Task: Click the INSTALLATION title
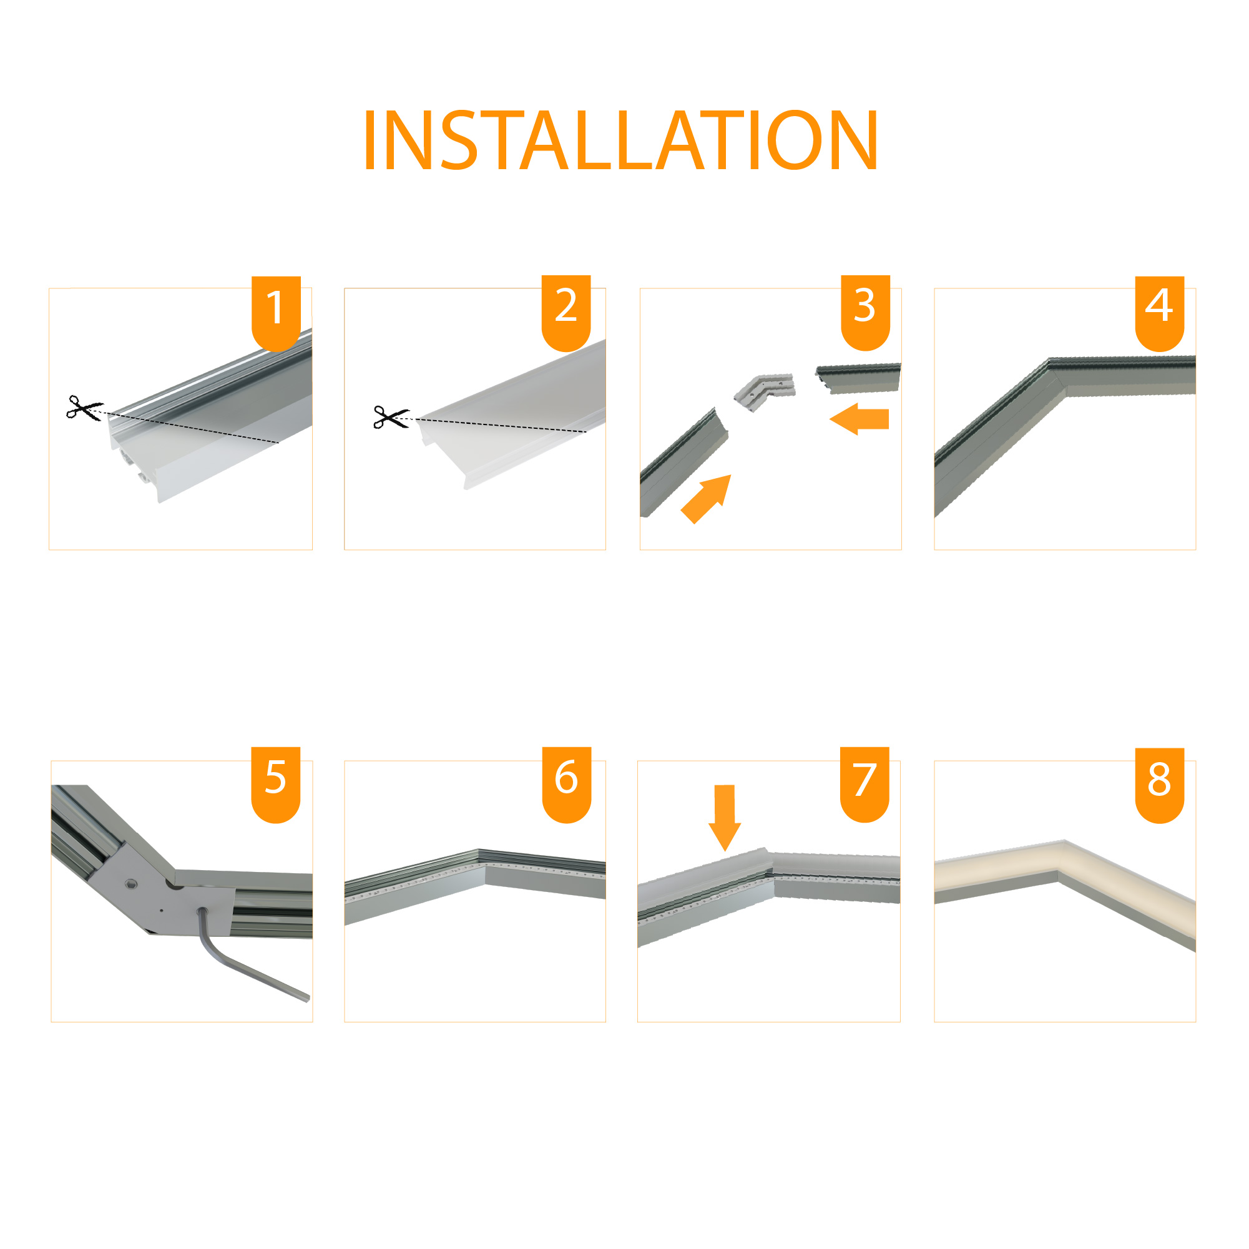pos(620,140)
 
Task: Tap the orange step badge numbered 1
pos(276,313)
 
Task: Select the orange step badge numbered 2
pos(566,313)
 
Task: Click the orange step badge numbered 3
pos(866,313)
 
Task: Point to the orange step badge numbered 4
pos(1160,313)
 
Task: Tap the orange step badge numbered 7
pos(865,785)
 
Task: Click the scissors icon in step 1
pos(84,408)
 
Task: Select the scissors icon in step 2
pos(391,417)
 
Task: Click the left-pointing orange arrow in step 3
pos(859,419)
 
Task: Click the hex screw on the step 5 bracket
pos(132,883)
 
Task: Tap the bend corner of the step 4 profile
pos(1054,372)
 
